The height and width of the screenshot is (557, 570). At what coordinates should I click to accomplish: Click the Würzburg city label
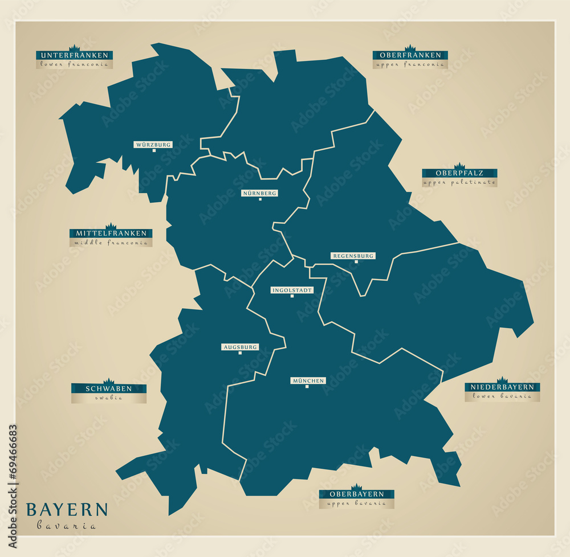153,145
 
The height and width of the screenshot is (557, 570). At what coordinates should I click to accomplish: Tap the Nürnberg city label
260,193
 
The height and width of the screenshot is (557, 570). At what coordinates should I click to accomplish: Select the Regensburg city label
353,256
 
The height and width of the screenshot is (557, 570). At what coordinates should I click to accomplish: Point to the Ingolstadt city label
292,290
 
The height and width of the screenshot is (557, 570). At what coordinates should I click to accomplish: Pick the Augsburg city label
240,347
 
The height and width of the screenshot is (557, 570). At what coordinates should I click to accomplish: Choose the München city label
308,380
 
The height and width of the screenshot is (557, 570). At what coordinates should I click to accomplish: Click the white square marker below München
307,387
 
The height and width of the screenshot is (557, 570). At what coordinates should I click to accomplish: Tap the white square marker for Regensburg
356,262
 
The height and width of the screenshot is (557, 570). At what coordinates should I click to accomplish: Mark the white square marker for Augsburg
240,353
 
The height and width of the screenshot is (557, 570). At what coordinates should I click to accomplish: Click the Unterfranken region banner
75,55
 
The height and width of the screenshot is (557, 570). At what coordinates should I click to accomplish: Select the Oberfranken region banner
410,55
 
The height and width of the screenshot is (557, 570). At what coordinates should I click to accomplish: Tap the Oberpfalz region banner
459,173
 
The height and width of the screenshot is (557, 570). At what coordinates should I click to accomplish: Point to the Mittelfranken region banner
111,234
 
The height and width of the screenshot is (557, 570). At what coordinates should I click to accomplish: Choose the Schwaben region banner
108,388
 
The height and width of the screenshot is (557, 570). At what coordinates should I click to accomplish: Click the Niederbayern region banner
502,387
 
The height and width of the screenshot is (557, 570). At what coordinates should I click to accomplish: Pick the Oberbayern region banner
357,494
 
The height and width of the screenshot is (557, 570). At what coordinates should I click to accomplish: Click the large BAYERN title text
67,509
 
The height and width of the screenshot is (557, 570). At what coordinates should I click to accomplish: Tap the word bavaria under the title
67,526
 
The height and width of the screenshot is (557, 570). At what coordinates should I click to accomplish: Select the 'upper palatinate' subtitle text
459,183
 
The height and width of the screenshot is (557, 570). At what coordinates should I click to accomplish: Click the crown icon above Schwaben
108,380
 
